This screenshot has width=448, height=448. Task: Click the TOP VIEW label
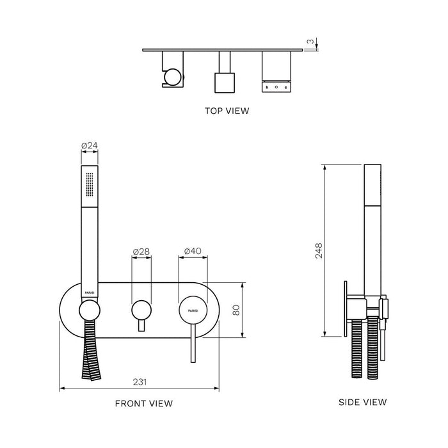coord(227,111)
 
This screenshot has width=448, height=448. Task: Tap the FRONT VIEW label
coord(143,403)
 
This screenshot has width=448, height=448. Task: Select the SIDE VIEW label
coord(362,402)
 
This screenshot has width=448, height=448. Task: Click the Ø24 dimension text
coord(89,146)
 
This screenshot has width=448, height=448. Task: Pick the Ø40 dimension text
coord(193,252)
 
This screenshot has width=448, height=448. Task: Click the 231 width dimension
coord(140,381)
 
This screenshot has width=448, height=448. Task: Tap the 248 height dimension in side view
coord(319,250)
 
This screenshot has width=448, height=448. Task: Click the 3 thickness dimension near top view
coord(310,42)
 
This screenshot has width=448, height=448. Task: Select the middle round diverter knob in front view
coord(141,310)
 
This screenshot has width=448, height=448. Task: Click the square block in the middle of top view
coord(224,83)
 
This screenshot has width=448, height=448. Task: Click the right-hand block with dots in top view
coord(276,86)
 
